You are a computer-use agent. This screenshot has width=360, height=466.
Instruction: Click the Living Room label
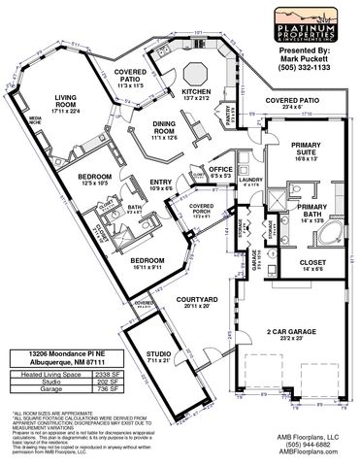[x=66, y=101]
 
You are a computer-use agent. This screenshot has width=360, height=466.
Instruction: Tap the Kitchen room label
[x=190, y=93]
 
